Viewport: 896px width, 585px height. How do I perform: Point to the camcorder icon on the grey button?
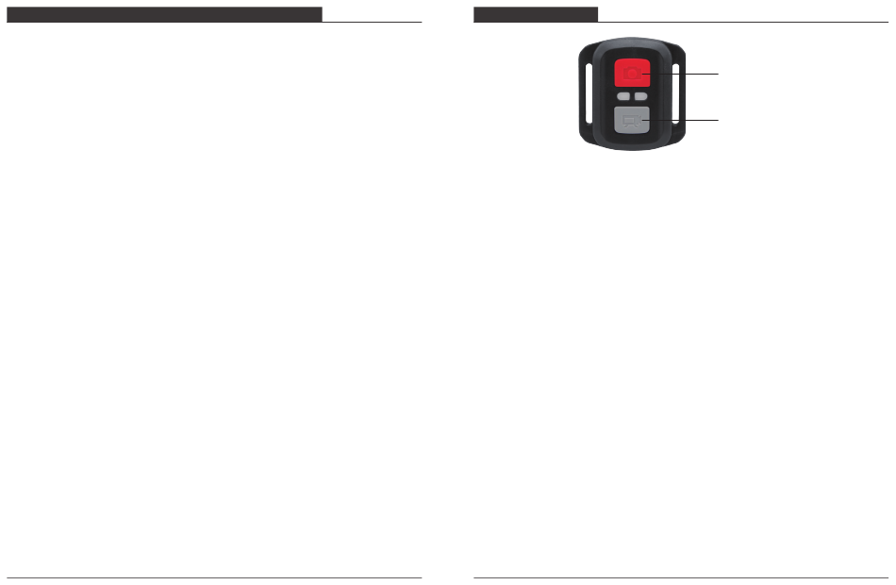pos(630,121)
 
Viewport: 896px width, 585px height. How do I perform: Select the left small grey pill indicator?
pos(622,96)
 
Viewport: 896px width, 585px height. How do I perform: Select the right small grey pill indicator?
pos(639,96)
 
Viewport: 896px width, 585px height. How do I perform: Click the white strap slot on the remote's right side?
pos(673,93)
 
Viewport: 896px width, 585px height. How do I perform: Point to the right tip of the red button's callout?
pos(717,73)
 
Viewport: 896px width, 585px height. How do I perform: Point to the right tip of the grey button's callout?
pos(717,120)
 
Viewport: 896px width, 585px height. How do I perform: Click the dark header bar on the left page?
pos(165,14)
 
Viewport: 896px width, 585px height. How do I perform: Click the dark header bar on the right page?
pos(536,14)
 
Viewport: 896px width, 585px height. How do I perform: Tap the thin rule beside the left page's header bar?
pos(372,21)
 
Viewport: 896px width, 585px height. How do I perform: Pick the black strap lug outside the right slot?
pos(682,93)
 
